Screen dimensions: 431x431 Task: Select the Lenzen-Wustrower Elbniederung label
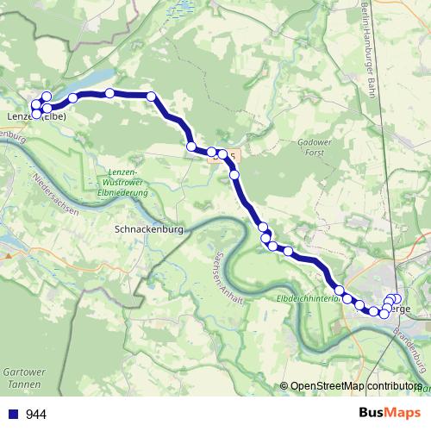[122, 182]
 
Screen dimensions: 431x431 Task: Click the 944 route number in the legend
[36, 414]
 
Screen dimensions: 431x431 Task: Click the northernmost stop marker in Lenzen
[46, 97]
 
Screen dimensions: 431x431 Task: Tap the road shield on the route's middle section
[231, 153]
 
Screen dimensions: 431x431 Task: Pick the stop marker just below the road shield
[234, 175]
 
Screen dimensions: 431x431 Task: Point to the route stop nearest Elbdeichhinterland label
[340, 290]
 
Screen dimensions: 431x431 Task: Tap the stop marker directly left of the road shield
[211, 152]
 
